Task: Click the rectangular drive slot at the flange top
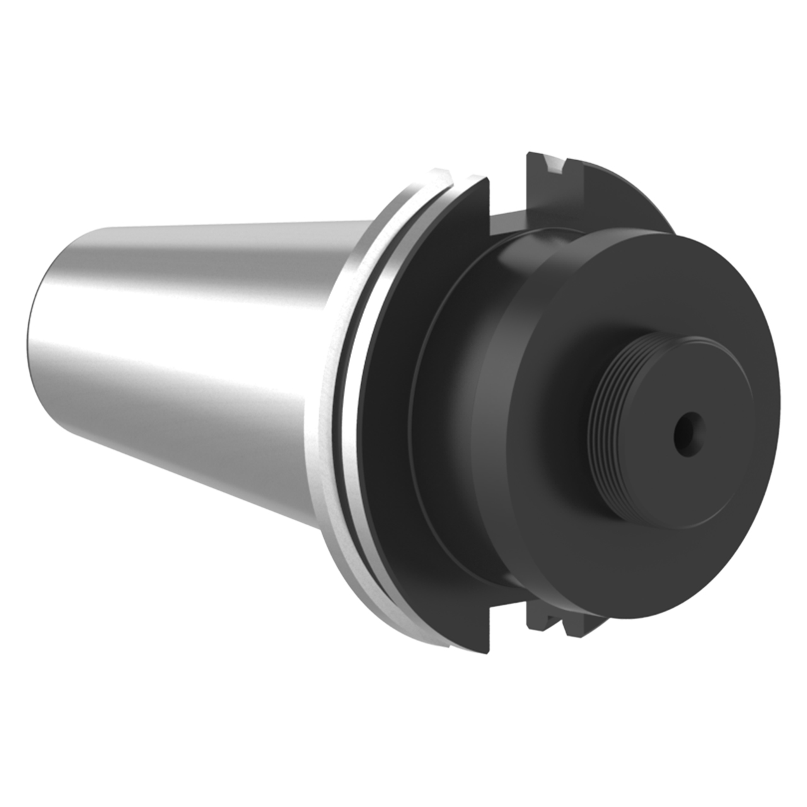tap(508, 195)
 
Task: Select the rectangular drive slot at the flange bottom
tap(508, 615)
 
